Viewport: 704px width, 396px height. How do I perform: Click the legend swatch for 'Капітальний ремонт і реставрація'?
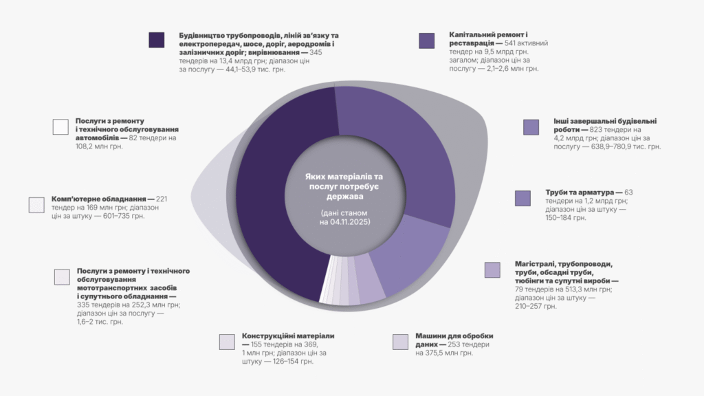426,41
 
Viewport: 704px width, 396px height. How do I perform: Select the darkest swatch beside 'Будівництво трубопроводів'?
157,40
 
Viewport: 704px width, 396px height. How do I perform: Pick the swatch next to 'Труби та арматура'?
522,199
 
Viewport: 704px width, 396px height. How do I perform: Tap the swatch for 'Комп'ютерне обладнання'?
36,205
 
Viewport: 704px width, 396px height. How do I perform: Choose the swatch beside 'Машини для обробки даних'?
401,342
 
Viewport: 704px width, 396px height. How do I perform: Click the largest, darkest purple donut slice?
274,193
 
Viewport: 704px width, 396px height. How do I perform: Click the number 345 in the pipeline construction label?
316,52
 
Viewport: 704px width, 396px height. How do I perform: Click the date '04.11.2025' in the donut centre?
350,222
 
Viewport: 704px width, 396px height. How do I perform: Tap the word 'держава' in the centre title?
345,197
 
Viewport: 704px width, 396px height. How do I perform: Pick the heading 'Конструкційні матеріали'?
288,335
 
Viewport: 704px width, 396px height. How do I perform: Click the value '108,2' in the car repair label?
85,146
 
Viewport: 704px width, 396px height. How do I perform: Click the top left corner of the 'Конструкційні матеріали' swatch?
219,335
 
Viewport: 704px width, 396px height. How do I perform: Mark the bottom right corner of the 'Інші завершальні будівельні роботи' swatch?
539,135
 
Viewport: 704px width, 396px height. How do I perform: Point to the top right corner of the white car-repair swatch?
68,120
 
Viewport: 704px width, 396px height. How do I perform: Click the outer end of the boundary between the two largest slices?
335,86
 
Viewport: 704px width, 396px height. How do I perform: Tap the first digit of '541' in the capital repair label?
507,43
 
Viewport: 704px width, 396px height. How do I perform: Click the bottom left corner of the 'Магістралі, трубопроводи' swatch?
485,278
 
